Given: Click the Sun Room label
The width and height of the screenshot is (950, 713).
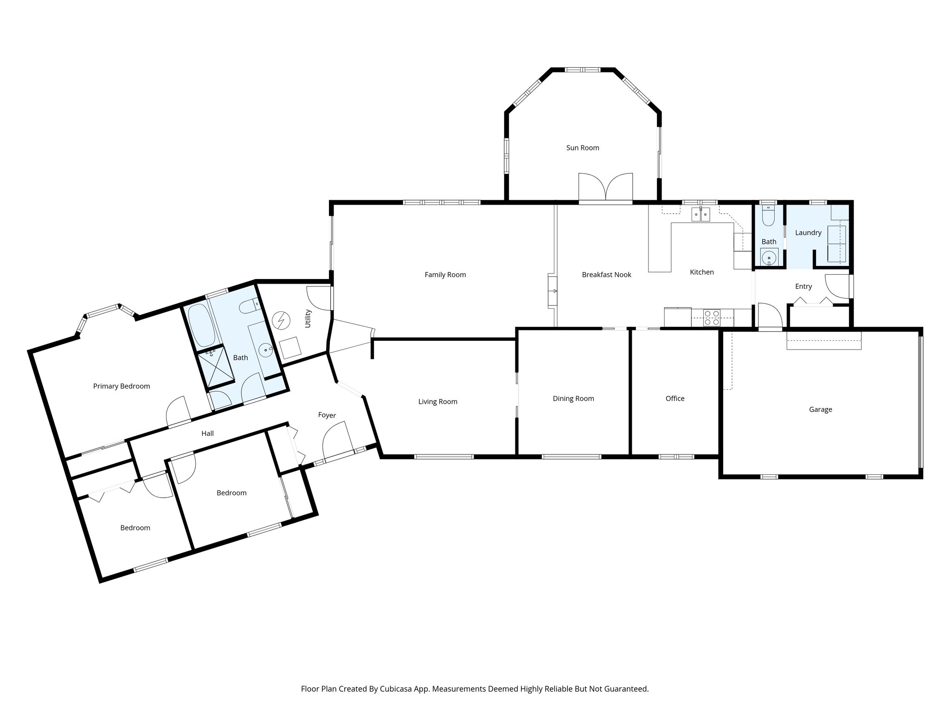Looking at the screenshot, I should coord(583,148).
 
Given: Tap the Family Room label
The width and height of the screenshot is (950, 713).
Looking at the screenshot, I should coord(445,275).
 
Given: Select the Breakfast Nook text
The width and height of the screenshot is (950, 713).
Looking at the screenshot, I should coord(606,275).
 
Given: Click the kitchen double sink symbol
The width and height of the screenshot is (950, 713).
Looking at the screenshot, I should coord(700,214).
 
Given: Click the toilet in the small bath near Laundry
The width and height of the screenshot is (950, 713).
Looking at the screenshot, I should coord(768,217).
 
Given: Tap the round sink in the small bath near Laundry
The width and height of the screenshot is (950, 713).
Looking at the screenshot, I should coord(769,257).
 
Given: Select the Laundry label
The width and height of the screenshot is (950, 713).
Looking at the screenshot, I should coord(808,233).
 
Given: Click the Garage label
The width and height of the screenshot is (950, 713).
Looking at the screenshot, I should coord(820,409).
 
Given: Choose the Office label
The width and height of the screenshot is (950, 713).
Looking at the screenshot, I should coord(674,398).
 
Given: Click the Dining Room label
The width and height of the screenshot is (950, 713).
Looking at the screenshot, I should coord(573,398).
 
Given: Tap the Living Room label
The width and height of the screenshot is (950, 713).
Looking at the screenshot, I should coord(437,402).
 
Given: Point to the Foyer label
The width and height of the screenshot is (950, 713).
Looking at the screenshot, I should coord(327,415).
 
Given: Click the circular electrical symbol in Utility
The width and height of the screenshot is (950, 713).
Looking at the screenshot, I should coord(280,320).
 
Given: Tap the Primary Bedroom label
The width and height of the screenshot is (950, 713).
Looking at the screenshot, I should coord(122,386).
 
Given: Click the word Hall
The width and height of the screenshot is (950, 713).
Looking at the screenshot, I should coord(207,434).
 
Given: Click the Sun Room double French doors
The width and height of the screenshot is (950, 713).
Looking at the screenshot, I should coord(605,188).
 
